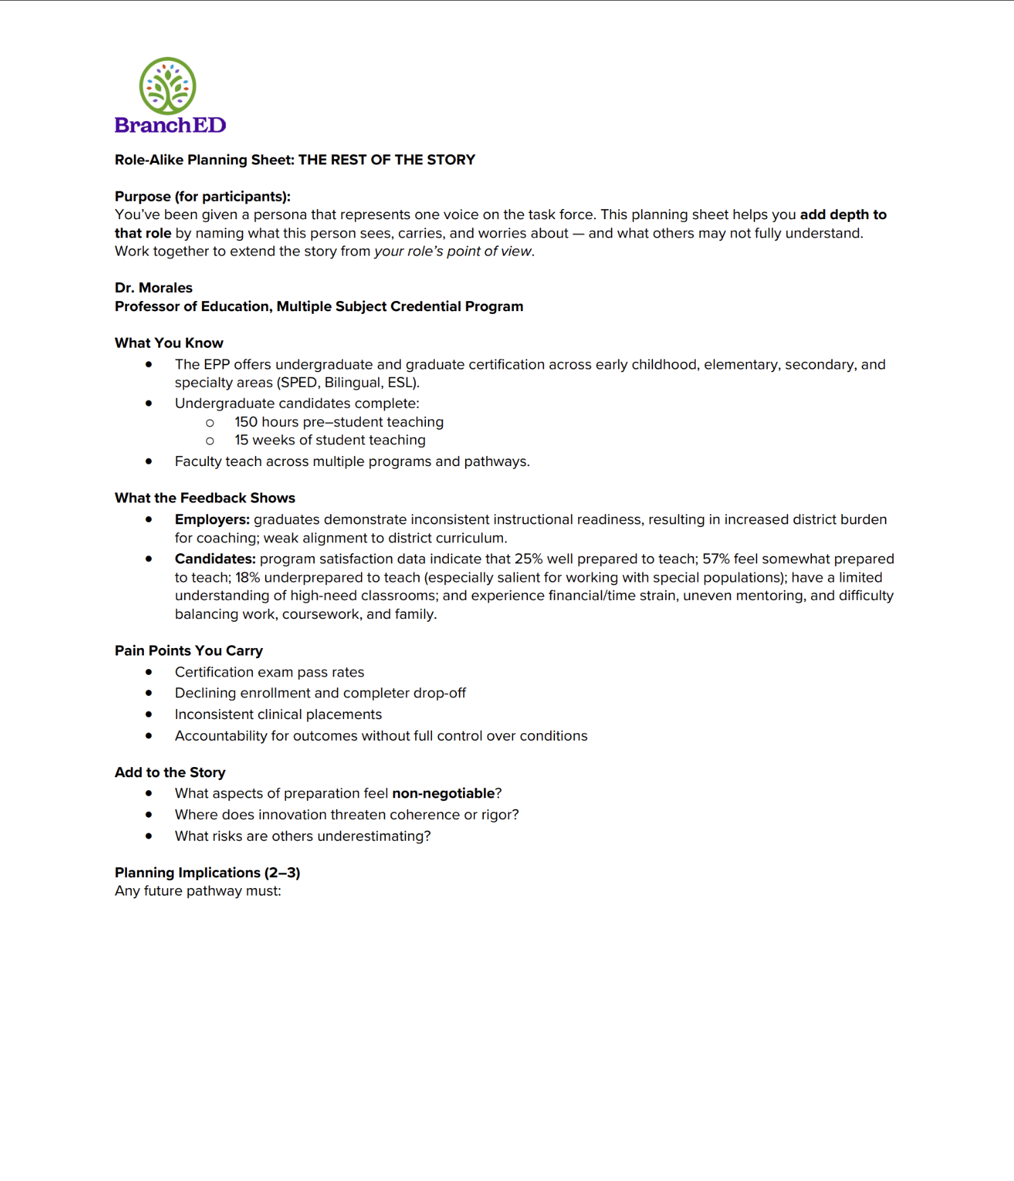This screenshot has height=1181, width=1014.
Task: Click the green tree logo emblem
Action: (168, 85)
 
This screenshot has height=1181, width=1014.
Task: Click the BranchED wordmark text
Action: (170, 125)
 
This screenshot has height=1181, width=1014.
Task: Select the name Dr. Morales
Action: (153, 287)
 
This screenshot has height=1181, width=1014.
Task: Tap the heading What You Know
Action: (169, 343)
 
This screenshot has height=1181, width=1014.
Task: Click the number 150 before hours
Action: (246, 422)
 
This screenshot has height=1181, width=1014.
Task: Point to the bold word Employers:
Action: (212, 519)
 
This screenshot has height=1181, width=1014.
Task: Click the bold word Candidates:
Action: (215, 559)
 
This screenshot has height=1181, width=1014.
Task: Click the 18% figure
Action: (247, 578)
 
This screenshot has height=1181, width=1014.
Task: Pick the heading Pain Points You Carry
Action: (189, 651)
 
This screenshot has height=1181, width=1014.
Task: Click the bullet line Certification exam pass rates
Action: (269, 672)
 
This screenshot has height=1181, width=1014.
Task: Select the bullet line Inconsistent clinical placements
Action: (278, 714)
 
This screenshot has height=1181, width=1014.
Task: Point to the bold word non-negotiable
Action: (443, 793)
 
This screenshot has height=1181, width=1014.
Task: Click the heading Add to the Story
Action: (170, 772)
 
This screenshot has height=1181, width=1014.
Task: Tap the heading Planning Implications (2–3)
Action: (208, 873)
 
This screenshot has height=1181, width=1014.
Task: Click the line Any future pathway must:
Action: (198, 891)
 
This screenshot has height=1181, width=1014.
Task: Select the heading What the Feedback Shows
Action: (205, 498)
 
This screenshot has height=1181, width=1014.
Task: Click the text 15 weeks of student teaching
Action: (330, 440)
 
